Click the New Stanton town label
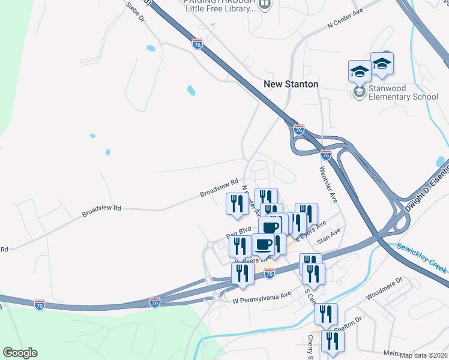tap(291, 85)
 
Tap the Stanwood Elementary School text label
tap(403, 92)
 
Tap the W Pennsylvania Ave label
tap(261, 295)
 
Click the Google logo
tap(20, 353)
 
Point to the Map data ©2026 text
tap(424, 355)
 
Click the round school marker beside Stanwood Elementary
tap(360, 92)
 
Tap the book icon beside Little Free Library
tap(265, 5)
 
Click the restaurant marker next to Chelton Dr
tap(326, 313)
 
